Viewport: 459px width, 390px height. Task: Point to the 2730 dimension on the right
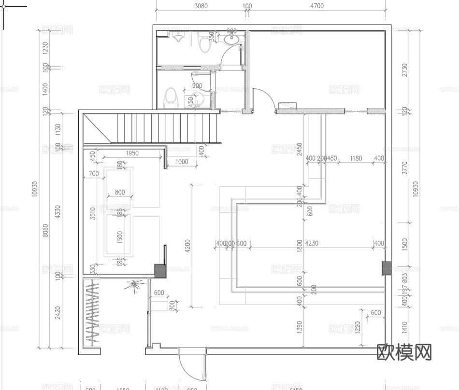[x=404, y=70]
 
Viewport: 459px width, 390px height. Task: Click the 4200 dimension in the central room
[x=187, y=246]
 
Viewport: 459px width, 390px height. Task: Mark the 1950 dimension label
[x=132, y=153]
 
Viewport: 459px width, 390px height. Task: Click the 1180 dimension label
[x=356, y=158]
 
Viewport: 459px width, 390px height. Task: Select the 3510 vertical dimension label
[x=93, y=213]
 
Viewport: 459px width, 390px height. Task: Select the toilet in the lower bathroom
[x=170, y=97]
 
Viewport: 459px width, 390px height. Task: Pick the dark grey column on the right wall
[x=386, y=268]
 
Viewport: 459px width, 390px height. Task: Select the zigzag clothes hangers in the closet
[x=92, y=314]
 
